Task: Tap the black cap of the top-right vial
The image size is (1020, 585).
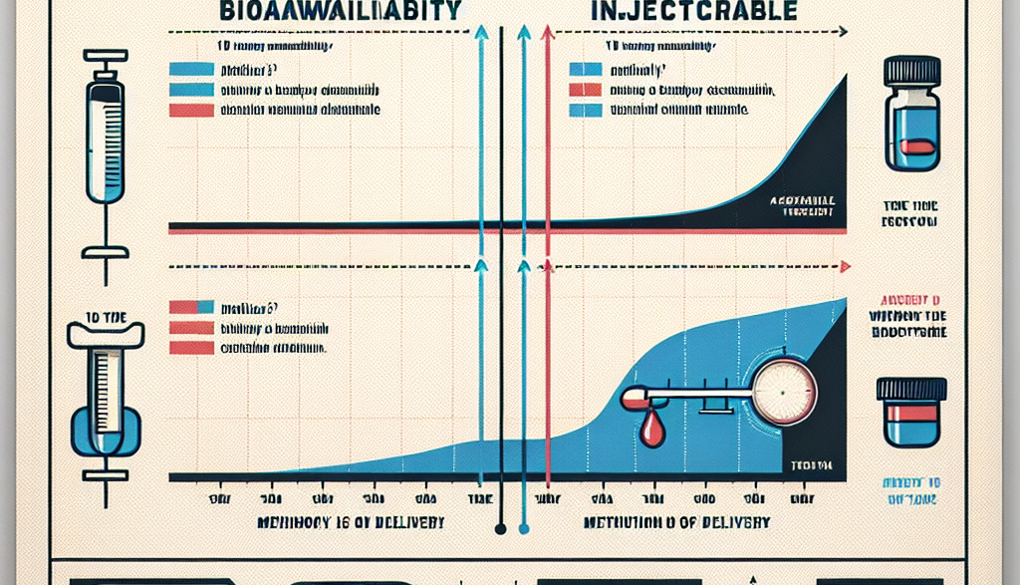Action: (x=911, y=70)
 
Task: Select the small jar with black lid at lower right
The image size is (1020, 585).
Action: (x=911, y=411)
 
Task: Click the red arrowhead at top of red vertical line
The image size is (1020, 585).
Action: (x=547, y=33)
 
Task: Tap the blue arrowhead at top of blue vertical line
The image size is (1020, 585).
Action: (x=481, y=33)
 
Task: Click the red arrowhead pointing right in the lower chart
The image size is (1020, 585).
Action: (x=845, y=267)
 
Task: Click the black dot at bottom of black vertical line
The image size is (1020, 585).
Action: (x=501, y=529)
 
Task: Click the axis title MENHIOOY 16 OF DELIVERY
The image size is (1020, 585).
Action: (x=352, y=522)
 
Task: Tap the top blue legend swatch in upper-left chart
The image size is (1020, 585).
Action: (x=192, y=70)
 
